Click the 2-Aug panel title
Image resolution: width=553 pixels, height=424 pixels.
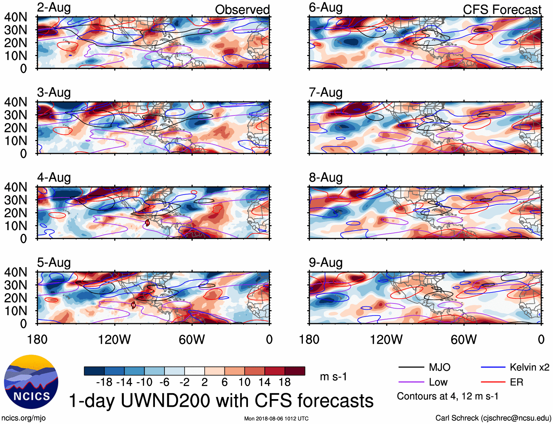54,8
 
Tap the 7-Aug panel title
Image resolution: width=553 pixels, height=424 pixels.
326,93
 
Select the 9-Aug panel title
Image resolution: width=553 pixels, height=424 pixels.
326,263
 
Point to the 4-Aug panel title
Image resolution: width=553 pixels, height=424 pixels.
54,178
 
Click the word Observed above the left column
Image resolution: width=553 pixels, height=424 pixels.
242,10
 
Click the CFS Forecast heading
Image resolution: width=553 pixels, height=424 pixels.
502,10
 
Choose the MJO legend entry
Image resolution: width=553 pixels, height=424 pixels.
439,367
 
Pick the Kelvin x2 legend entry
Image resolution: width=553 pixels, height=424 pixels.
529,367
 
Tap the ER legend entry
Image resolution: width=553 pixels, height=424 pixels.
516,382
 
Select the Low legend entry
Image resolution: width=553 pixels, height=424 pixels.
438,382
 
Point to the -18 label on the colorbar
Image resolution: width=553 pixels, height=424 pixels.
104,382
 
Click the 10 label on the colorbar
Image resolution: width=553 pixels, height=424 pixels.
244,382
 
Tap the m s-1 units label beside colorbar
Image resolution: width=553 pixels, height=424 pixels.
333,377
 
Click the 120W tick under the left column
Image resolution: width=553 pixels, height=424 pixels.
114,340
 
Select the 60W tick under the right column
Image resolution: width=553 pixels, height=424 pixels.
464,340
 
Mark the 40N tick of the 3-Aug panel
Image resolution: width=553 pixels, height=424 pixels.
16,102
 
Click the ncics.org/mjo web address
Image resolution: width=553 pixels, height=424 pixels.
23,418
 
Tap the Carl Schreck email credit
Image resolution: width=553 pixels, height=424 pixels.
493,418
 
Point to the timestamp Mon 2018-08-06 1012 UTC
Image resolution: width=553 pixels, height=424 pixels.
276,419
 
